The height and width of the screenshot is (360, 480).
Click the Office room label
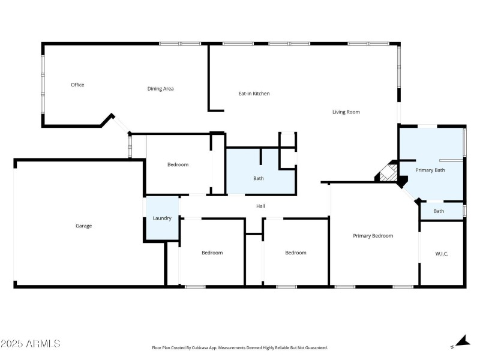77,85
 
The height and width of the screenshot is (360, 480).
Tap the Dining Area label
160,89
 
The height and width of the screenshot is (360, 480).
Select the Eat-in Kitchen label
254,94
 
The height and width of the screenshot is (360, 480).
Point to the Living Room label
346,112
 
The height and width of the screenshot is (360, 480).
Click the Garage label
83,226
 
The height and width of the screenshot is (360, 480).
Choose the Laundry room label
162,218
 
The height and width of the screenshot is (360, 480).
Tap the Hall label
260,206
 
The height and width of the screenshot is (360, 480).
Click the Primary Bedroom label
373,236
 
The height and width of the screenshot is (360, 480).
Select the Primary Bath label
430,170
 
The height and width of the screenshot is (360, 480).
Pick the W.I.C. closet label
442,254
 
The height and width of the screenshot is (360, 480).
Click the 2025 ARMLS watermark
30,344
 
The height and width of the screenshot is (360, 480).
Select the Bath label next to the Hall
258,178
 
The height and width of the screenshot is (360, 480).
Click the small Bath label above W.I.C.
439,211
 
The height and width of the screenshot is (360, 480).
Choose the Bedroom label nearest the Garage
178,165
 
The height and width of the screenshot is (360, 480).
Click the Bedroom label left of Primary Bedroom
295,253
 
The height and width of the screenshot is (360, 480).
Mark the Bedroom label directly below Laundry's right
212,253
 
